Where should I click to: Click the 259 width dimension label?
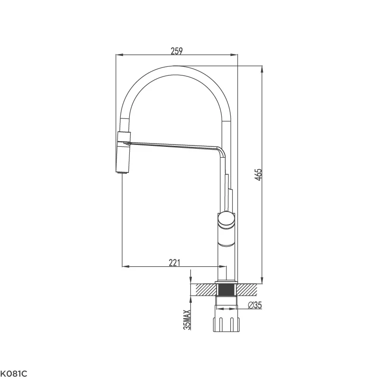coord(177,51)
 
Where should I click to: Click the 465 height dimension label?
coord(258,175)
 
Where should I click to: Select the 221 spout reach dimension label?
coord(174,262)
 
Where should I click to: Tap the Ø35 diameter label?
coord(255,305)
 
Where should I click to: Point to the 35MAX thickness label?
coord(187,320)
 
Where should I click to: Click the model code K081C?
coord(14,374)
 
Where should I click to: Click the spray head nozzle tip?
coord(122,172)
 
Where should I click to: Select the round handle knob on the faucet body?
coord(226,219)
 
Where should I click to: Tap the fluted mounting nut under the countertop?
coord(226,325)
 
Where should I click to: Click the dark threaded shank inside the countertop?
coord(226,289)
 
